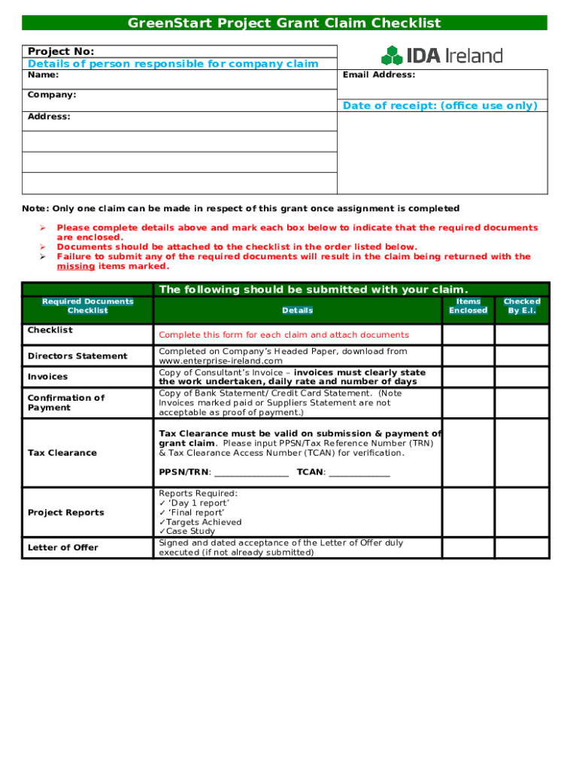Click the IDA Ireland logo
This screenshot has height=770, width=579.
(441, 55)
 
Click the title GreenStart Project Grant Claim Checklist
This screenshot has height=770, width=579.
(284, 23)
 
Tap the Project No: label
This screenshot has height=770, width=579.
(61, 51)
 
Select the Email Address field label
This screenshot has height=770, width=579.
(379, 75)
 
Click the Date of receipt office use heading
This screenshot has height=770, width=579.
(440, 106)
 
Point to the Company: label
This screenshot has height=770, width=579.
(52, 95)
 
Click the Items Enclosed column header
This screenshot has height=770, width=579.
(468, 306)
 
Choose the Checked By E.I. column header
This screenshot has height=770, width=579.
(522, 306)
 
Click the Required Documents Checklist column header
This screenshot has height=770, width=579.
(87, 306)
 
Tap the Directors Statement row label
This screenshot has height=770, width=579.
(77, 356)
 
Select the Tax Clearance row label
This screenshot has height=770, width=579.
(62, 453)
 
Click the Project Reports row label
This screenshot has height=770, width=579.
(66, 513)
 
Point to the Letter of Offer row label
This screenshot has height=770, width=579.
(63, 547)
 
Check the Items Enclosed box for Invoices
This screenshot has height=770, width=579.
(468, 377)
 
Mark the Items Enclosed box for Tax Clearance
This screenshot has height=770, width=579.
(468, 452)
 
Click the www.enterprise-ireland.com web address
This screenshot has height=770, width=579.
(220, 361)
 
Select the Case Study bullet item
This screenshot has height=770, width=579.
(190, 531)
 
